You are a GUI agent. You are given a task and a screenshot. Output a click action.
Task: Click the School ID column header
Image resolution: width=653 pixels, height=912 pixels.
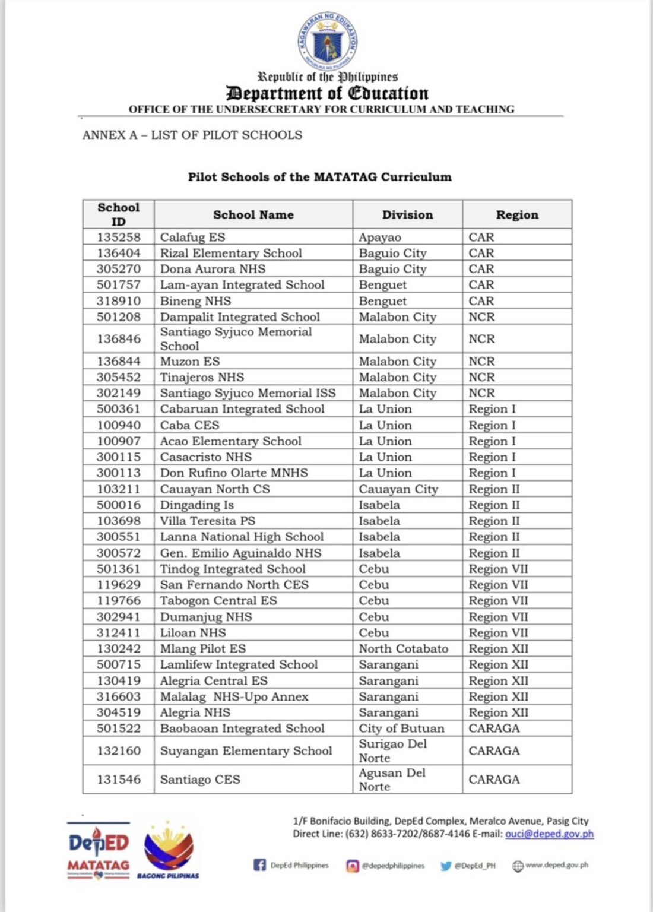pyautogui.click(x=119, y=214)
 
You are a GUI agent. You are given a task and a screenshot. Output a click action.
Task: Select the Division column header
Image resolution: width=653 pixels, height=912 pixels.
pyautogui.click(x=407, y=214)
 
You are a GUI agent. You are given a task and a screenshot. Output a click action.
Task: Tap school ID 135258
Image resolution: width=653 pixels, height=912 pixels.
pyautogui.click(x=119, y=237)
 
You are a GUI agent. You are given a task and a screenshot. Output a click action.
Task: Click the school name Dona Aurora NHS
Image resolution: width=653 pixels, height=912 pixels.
pyautogui.click(x=213, y=269)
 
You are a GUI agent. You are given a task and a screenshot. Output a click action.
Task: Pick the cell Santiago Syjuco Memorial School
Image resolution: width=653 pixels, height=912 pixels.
pyautogui.click(x=236, y=339)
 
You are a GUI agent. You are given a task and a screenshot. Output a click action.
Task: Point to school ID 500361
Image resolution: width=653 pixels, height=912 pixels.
pyautogui.click(x=119, y=409)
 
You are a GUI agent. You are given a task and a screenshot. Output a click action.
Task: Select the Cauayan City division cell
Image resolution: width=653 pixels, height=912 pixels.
pyautogui.click(x=398, y=489)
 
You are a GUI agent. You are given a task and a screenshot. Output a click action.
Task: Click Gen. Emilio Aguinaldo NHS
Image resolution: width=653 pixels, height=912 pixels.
pyautogui.click(x=240, y=553)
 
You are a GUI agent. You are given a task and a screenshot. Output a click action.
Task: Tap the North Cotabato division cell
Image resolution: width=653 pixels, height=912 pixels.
pyautogui.click(x=403, y=649)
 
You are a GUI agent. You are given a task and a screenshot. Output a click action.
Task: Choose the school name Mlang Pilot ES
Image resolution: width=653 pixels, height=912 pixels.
pyautogui.click(x=202, y=649)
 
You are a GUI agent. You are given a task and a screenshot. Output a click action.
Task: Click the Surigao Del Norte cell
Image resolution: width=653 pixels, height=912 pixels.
pyautogui.click(x=392, y=751)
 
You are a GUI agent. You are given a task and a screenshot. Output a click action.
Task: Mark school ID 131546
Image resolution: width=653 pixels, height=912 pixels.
pyautogui.click(x=119, y=780)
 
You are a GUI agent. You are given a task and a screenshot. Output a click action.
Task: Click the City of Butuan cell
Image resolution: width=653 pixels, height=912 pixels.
pyautogui.click(x=401, y=729)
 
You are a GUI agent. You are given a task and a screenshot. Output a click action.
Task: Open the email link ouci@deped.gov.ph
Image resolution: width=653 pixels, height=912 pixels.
pyautogui.click(x=549, y=834)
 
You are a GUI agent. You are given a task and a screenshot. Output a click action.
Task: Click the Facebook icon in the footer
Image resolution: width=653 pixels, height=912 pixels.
pyautogui.click(x=259, y=865)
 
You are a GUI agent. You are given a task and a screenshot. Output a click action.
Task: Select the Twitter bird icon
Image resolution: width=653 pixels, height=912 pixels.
pyautogui.click(x=445, y=866)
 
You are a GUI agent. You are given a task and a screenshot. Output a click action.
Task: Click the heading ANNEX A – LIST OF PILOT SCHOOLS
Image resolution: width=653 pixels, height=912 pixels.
pyautogui.click(x=192, y=135)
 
